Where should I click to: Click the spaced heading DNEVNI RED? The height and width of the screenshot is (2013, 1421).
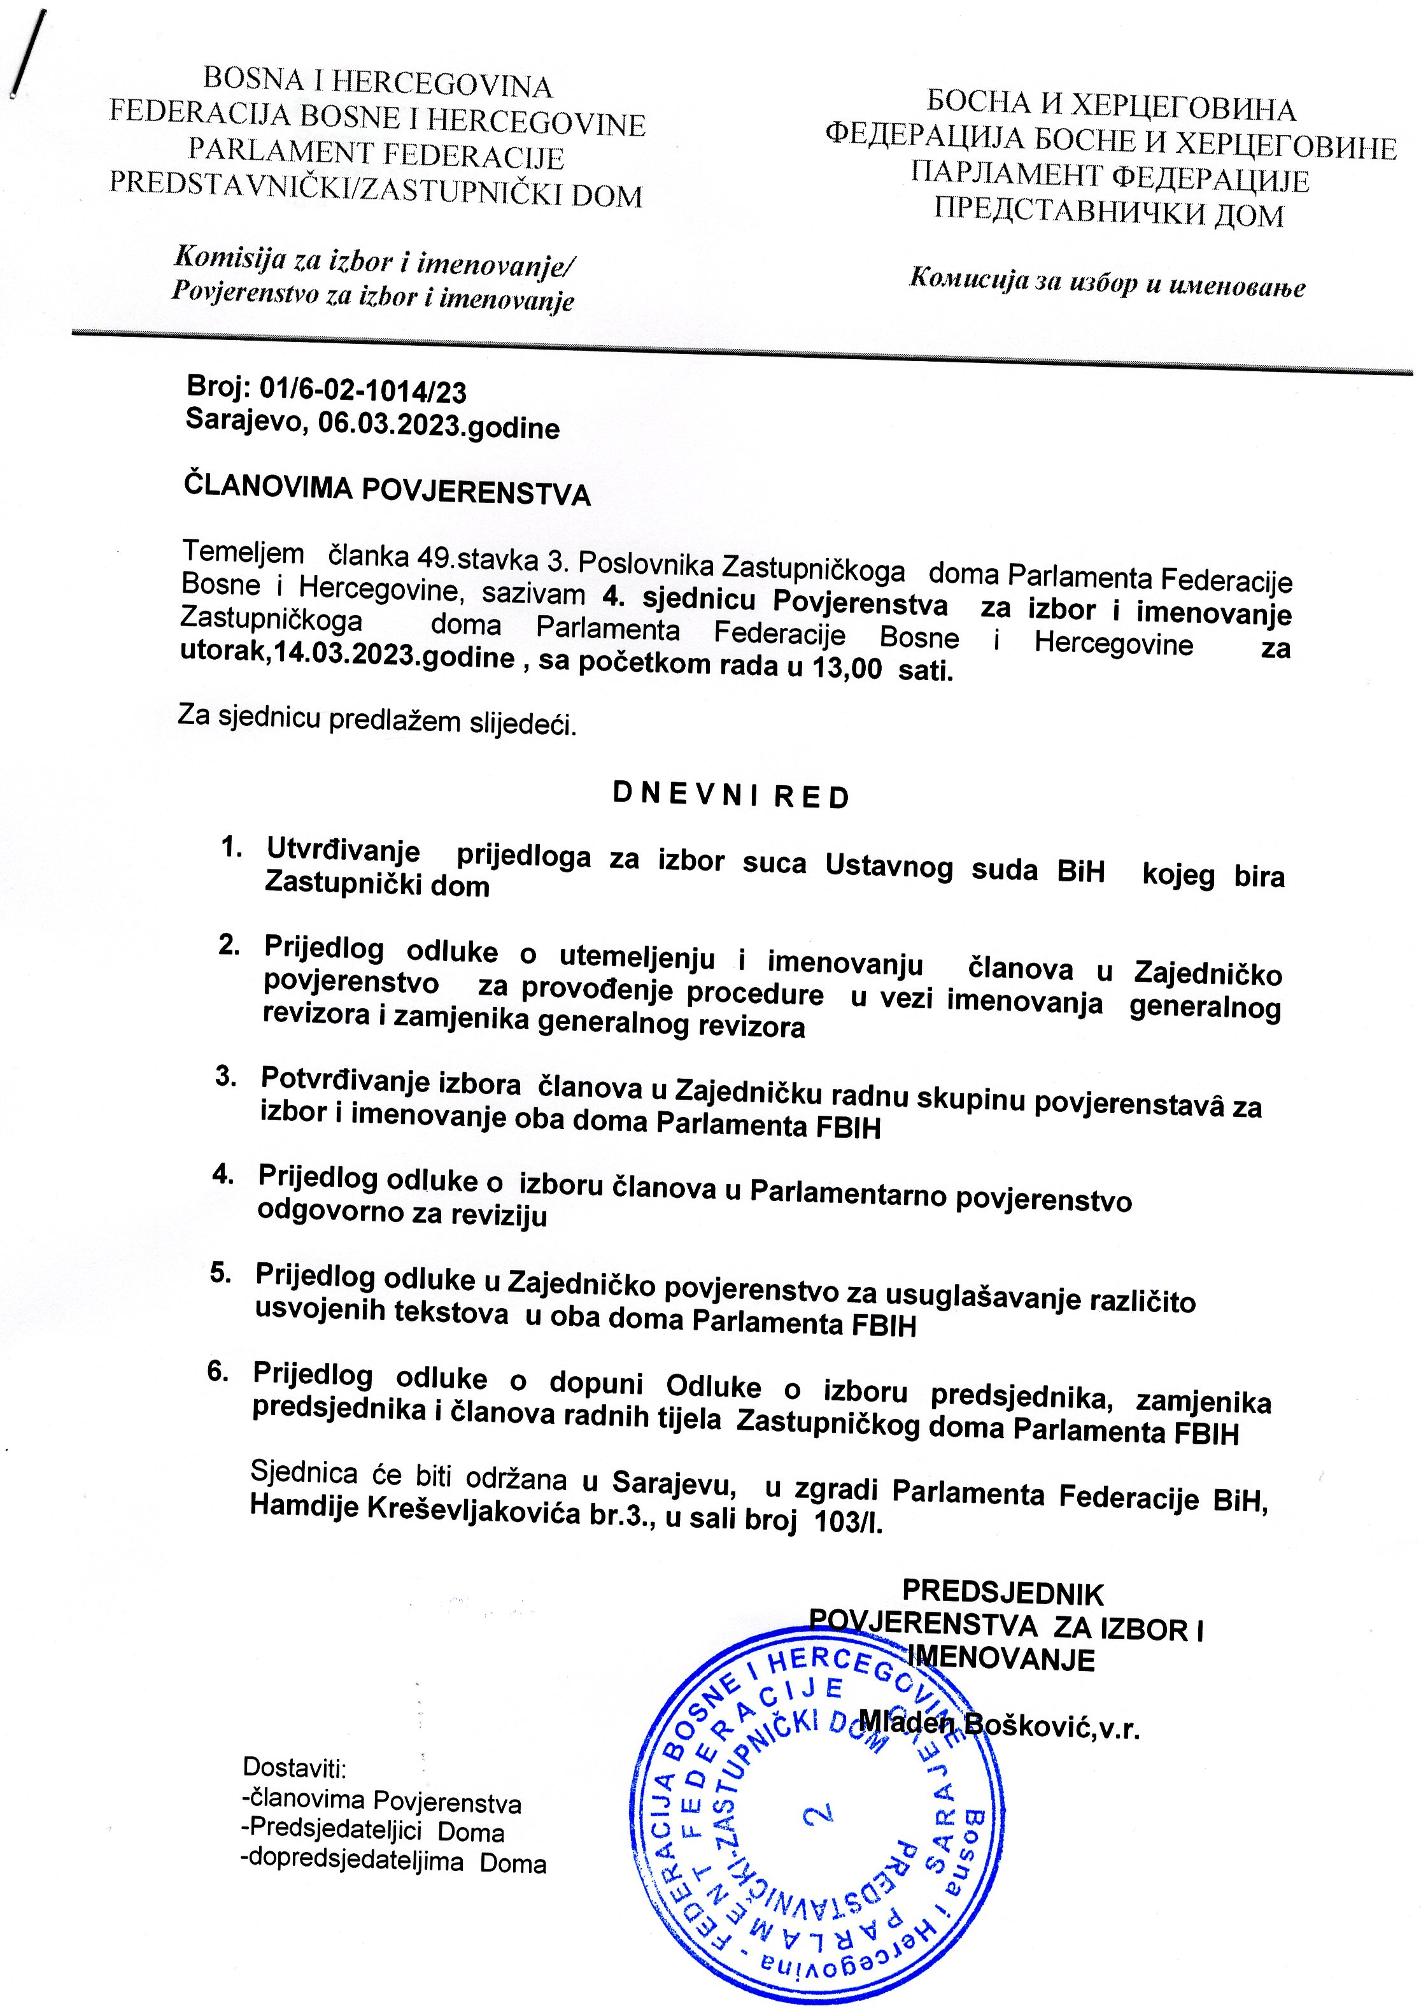point(730,796)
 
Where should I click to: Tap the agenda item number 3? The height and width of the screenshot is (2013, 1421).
point(226,1077)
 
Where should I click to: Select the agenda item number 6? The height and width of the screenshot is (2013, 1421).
point(218,1372)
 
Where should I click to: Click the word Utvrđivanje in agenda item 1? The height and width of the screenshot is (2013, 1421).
point(343,850)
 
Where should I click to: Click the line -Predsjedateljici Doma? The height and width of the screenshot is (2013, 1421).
point(372,1832)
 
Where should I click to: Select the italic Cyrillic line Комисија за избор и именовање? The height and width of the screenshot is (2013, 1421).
point(1106,282)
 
